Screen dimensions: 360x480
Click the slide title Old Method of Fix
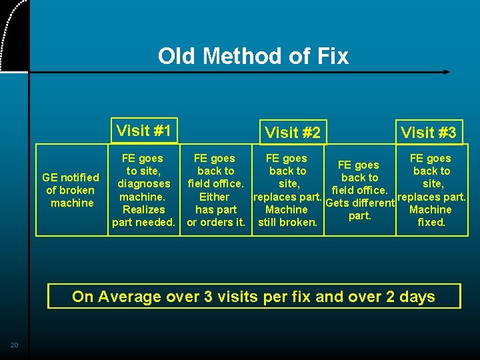click(253, 56)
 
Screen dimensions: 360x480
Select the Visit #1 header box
click(143, 131)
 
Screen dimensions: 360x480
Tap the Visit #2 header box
click(292, 133)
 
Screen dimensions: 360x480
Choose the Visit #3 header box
click(428, 133)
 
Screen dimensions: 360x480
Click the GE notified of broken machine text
click(71, 190)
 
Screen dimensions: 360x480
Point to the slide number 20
click(14, 345)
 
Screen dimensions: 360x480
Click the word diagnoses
click(144, 184)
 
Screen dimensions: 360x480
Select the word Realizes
click(144, 209)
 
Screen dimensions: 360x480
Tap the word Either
click(214, 197)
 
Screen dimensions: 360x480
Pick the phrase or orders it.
click(215, 222)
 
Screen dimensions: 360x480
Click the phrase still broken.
click(287, 222)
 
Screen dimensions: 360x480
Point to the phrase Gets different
click(360, 203)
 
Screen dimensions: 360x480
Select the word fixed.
click(431, 222)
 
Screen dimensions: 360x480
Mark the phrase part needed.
click(143, 222)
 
